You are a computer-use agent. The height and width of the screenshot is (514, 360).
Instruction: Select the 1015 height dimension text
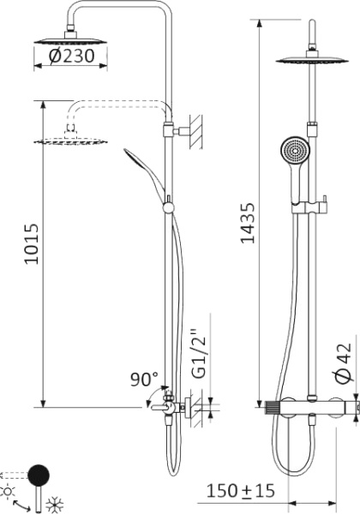point(32,245)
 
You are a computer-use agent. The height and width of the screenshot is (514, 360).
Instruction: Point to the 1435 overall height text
point(248,224)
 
